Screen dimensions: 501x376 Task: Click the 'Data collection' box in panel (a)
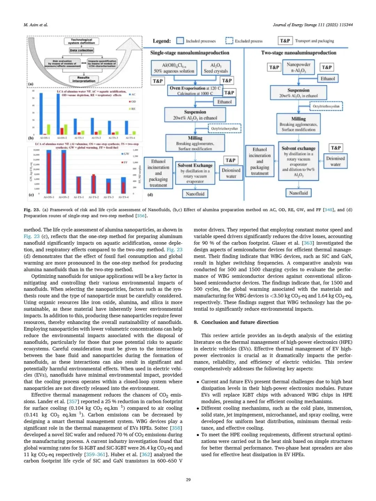[x=81, y=50]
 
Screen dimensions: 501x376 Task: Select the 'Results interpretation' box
[x=84, y=79]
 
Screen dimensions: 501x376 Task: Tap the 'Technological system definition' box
[x=81, y=41]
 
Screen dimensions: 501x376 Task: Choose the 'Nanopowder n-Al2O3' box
[x=298, y=67]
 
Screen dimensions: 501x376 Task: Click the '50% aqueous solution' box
[x=174, y=68]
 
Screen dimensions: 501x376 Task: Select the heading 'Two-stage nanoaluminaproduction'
[x=299, y=53]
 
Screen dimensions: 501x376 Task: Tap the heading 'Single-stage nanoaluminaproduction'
[x=190, y=53]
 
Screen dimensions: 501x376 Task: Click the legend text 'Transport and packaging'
[x=314, y=41]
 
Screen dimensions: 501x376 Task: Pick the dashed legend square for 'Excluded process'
[x=229, y=41]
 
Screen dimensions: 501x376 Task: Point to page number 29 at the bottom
[x=188, y=479]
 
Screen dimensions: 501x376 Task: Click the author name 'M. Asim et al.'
[x=36, y=25]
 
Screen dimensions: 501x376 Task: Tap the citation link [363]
[x=307, y=243]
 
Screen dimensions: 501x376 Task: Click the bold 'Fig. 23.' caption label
[x=32, y=210]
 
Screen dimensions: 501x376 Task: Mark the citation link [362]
[x=145, y=454]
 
